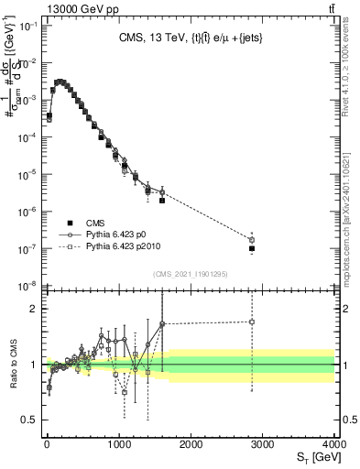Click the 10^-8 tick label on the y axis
pyautogui.click(x=23, y=286)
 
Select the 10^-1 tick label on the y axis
pyautogui.click(x=23, y=26)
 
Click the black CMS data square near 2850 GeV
pyautogui.click(x=252, y=248)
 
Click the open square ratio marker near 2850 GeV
pyautogui.click(x=252, y=322)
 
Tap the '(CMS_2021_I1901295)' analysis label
pyautogui.click(x=189, y=275)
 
